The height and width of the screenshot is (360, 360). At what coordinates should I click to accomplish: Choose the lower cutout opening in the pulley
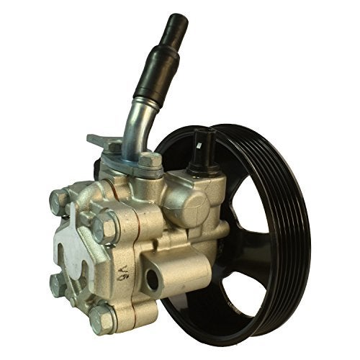coord(238,288)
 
